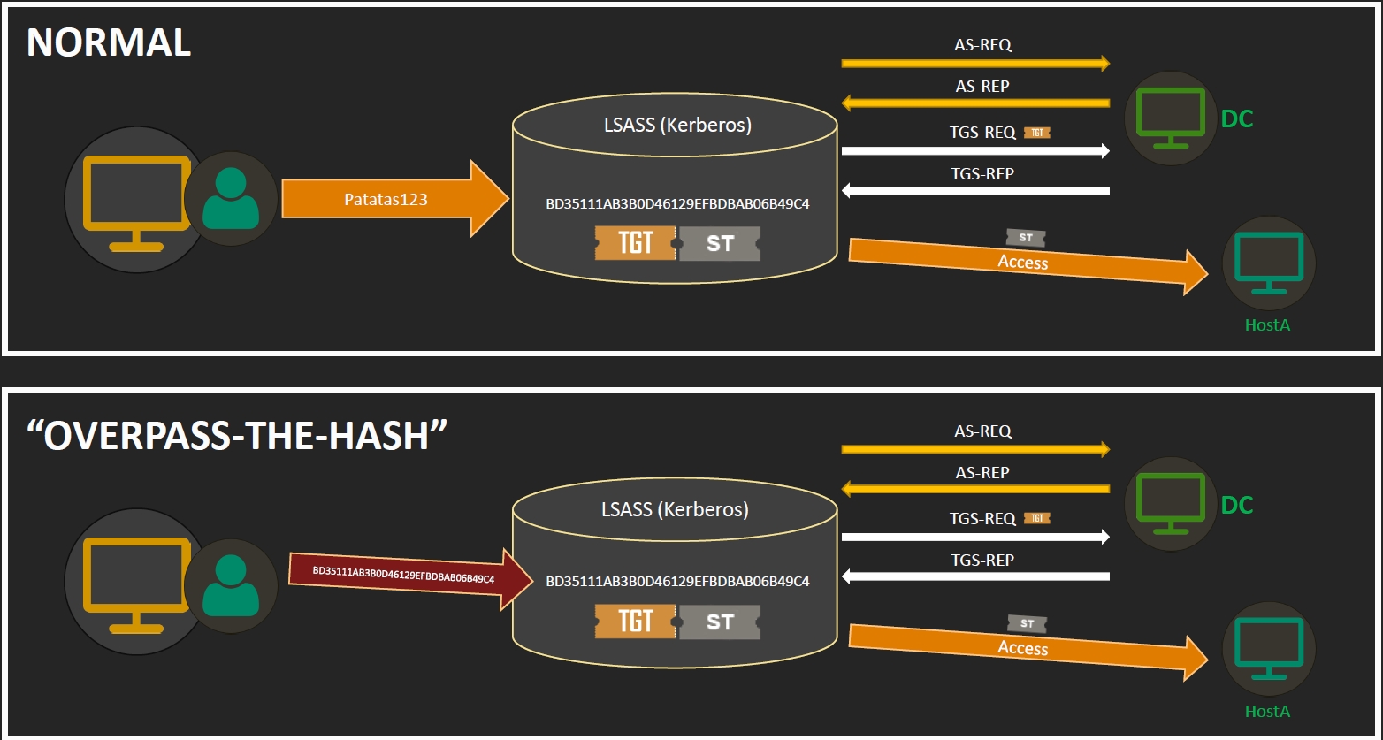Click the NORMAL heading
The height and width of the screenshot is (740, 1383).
pyautogui.click(x=109, y=43)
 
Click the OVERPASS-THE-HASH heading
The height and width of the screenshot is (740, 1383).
pyautogui.click(x=237, y=435)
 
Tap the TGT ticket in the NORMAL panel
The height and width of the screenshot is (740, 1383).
pyautogui.click(x=635, y=243)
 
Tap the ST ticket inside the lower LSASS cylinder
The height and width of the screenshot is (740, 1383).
pyautogui.click(x=720, y=622)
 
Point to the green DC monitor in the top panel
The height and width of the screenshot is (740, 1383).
pyautogui.click(x=1170, y=115)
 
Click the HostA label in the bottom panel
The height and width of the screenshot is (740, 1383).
pyautogui.click(x=1267, y=711)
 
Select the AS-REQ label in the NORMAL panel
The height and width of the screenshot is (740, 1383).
pyautogui.click(x=982, y=44)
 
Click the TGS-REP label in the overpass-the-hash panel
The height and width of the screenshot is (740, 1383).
pyautogui.click(x=982, y=560)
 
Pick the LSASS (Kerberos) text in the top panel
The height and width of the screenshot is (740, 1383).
pyautogui.click(x=677, y=125)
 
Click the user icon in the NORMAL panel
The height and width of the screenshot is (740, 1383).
pyautogui.click(x=231, y=200)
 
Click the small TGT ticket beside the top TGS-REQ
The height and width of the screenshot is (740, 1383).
pyautogui.click(x=1037, y=133)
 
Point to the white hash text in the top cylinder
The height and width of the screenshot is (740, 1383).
pyautogui.click(x=677, y=204)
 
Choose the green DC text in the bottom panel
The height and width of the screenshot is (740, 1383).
pyautogui.click(x=1237, y=505)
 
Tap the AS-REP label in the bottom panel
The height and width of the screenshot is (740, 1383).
pyautogui.click(x=982, y=472)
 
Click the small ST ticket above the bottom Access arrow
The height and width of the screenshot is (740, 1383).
pyautogui.click(x=1027, y=623)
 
